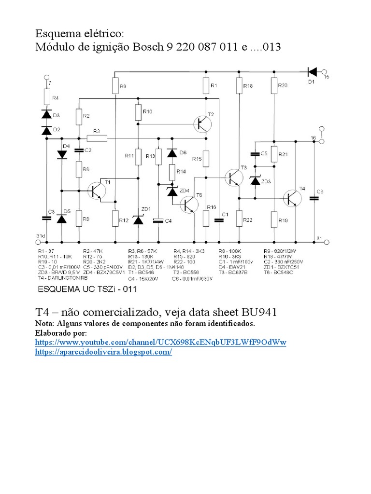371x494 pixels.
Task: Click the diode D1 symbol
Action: point(312,72)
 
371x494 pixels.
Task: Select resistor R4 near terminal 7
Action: point(47,97)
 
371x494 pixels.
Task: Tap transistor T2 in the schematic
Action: point(202,123)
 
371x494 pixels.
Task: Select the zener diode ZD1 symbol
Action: point(138,220)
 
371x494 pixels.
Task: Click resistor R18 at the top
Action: point(239,86)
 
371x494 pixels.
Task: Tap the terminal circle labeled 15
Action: point(326,71)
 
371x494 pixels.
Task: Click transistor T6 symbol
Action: point(189,205)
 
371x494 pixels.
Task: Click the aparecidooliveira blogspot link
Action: point(103,352)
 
